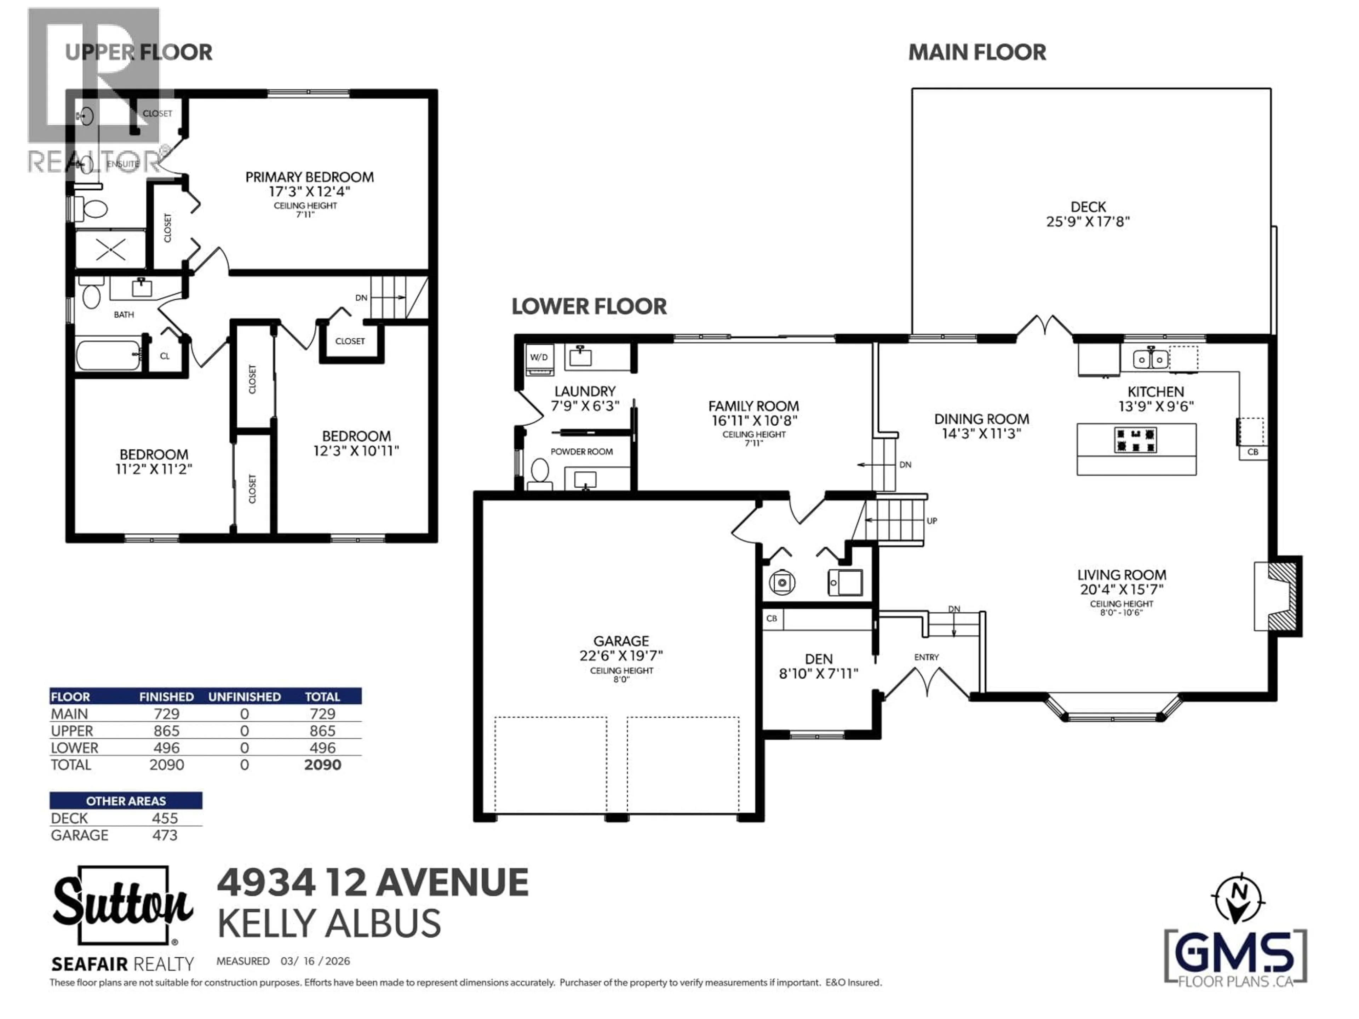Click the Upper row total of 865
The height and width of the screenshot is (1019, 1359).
pos(322,731)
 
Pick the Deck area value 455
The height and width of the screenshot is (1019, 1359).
pos(165,818)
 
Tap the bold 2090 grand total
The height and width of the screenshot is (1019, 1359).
pos(322,765)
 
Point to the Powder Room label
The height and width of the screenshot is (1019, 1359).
pos(581,451)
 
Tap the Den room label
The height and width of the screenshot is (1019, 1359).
pos(818,659)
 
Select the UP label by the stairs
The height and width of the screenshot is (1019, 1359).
pos(931,521)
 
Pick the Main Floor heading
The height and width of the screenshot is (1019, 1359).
pos(977,53)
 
